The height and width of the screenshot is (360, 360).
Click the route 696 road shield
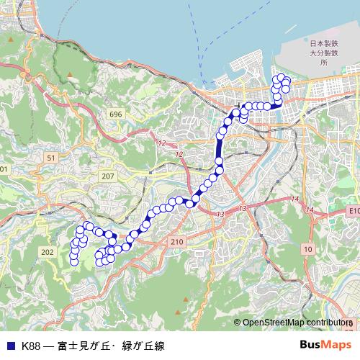(116, 114)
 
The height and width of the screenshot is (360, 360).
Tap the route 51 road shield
(50, 157)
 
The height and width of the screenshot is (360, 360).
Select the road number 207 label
(107, 176)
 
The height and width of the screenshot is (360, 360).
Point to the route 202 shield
(48, 251)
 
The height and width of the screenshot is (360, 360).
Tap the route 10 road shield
(307, 248)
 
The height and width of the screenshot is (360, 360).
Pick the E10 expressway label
(352, 210)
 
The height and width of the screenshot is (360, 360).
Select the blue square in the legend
(10, 346)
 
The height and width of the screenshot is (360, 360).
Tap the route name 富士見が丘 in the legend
(86, 346)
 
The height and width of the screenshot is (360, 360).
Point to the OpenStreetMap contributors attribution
(295, 323)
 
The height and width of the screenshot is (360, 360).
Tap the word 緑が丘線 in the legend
(143, 346)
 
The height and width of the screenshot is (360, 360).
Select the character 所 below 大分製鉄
(323, 63)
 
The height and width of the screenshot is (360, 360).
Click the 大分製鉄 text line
(323, 53)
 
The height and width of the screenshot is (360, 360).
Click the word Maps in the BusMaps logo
(335, 345)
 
